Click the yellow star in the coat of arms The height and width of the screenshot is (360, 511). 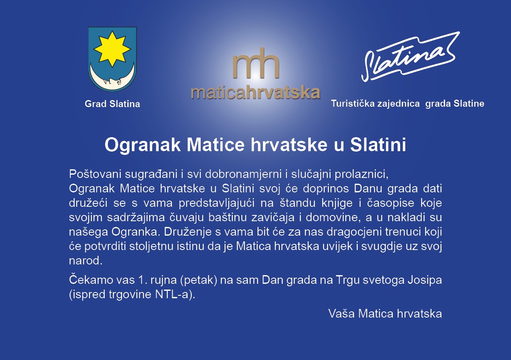112,49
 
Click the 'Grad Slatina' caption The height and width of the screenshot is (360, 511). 112,104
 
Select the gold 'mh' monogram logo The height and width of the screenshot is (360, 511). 256,63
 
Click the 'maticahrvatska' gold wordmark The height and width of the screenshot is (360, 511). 255,93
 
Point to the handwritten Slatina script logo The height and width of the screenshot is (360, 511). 410,57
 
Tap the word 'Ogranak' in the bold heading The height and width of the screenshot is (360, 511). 143,145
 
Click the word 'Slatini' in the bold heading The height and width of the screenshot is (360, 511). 378,145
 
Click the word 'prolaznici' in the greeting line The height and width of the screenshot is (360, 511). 361,174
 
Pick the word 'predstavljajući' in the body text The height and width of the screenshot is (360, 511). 216,203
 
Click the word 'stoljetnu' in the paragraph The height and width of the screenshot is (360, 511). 151,246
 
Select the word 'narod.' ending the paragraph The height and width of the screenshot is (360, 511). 86,261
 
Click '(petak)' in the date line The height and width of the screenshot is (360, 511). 199,280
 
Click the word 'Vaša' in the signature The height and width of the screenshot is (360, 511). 342,313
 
